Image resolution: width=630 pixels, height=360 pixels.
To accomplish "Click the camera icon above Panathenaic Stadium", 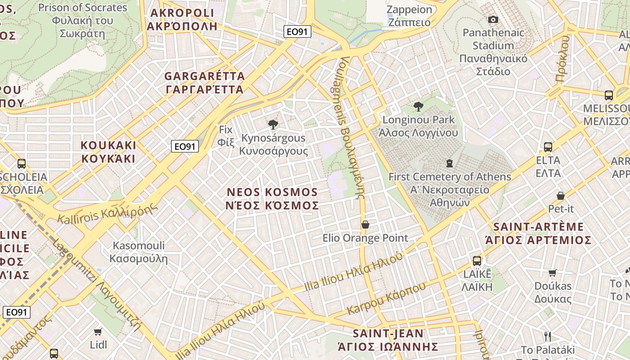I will tap(493, 19).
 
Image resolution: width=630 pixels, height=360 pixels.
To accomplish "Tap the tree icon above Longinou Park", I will tap(418, 107).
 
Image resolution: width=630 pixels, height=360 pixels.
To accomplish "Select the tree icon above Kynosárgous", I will tap(272, 125).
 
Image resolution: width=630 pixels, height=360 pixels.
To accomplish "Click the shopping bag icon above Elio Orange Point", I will tap(365, 225).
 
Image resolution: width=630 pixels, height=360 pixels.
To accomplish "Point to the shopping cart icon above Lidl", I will tap(98, 332).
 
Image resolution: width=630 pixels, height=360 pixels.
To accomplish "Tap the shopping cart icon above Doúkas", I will tap(553, 272).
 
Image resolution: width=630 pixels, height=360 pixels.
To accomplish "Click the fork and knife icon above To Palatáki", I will tap(548, 336).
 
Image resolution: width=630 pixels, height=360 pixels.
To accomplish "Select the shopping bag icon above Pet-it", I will tap(561, 195).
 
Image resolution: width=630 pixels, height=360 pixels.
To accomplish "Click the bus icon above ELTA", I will tap(548, 147).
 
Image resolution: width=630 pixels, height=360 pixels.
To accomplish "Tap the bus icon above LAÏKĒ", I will tap(477, 261).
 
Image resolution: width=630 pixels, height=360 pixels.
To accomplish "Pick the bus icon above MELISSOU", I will tap(609, 95).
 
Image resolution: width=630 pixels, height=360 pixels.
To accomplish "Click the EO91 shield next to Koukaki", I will tap(185, 146).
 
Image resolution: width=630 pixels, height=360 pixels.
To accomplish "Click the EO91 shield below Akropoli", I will tap(297, 31).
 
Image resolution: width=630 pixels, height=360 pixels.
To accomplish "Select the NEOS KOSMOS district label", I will tap(273, 199).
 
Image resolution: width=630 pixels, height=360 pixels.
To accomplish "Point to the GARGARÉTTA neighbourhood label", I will tap(205, 82).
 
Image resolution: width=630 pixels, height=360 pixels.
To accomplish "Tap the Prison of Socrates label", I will tap(83, 20).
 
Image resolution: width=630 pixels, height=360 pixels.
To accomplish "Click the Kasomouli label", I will tap(139, 252).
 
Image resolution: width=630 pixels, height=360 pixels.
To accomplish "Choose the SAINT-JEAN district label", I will tap(388, 340).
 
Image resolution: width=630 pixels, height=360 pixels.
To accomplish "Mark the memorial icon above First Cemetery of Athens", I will tap(449, 163).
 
